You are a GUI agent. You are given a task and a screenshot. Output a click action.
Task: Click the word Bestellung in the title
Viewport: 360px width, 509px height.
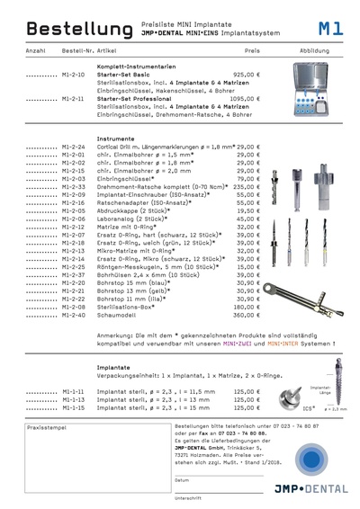[59, 30]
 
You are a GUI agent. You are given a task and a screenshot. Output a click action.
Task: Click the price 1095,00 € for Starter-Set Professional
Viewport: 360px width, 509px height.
[247, 99]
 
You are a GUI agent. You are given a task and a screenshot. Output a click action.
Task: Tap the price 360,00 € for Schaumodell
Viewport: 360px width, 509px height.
[249, 315]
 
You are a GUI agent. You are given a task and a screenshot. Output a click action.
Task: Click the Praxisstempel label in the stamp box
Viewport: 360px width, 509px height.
[44, 431]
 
